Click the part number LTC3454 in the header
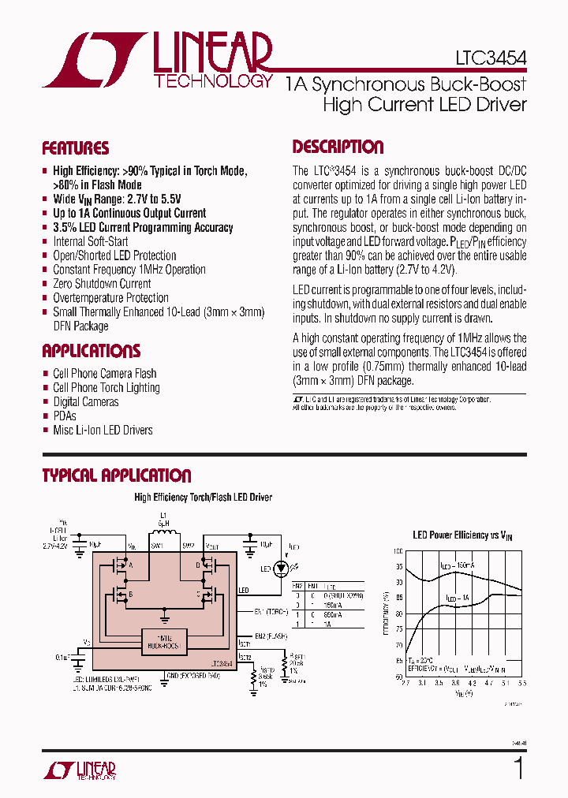pyautogui.click(x=490, y=58)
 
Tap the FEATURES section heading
pyautogui.click(x=75, y=148)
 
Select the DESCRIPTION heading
pyautogui.click(x=338, y=147)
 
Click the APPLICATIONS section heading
pyautogui.click(x=91, y=351)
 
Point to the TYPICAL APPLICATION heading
pyautogui.click(x=116, y=475)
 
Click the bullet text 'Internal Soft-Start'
pyautogui.click(x=90, y=241)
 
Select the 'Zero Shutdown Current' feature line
pyautogui.click(x=102, y=284)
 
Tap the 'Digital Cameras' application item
pyautogui.click(x=85, y=402)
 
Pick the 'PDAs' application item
pyautogui.click(x=65, y=416)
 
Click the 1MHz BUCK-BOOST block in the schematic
pyautogui.click(x=165, y=640)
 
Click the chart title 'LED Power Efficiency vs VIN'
pyautogui.click(x=462, y=535)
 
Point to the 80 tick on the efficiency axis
pyautogui.click(x=398, y=613)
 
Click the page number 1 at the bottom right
pyautogui.click(x=518, y=768)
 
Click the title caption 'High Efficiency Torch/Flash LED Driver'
pyautogui.click(x=203, y=498)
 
